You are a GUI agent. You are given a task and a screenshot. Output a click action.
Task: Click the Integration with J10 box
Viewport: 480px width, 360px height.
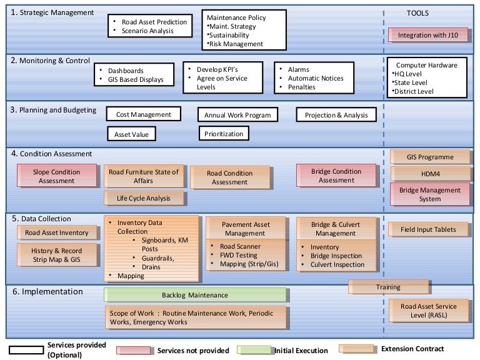click(428, 36)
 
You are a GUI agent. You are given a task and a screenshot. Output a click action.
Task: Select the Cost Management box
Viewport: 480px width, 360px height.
click(143, 114)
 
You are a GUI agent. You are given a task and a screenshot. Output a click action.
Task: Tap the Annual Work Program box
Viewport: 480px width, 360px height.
click(237, 115)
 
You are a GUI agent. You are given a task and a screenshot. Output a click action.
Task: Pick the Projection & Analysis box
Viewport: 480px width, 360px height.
click(336, 115)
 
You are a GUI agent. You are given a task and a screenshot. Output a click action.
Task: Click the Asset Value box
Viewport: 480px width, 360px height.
click(131, 134)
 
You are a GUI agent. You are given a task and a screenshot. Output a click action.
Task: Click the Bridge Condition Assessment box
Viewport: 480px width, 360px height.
click(336, 176)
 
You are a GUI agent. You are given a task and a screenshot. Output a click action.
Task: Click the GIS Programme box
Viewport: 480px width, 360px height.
click(430, 157)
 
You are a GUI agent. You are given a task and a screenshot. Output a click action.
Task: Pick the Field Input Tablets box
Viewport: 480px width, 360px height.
click(428, 229)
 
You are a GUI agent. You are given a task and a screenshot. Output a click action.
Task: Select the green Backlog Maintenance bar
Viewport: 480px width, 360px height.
click(194, 295)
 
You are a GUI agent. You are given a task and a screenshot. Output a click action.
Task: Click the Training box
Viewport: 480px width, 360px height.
click(388, 287)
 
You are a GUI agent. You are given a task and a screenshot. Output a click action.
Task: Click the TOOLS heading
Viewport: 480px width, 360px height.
click(418, 13)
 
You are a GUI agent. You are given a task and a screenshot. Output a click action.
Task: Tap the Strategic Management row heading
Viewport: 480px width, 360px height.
click(52, 12)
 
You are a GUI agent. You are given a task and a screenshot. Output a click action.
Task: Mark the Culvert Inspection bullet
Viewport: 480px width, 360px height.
click(337, 264)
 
